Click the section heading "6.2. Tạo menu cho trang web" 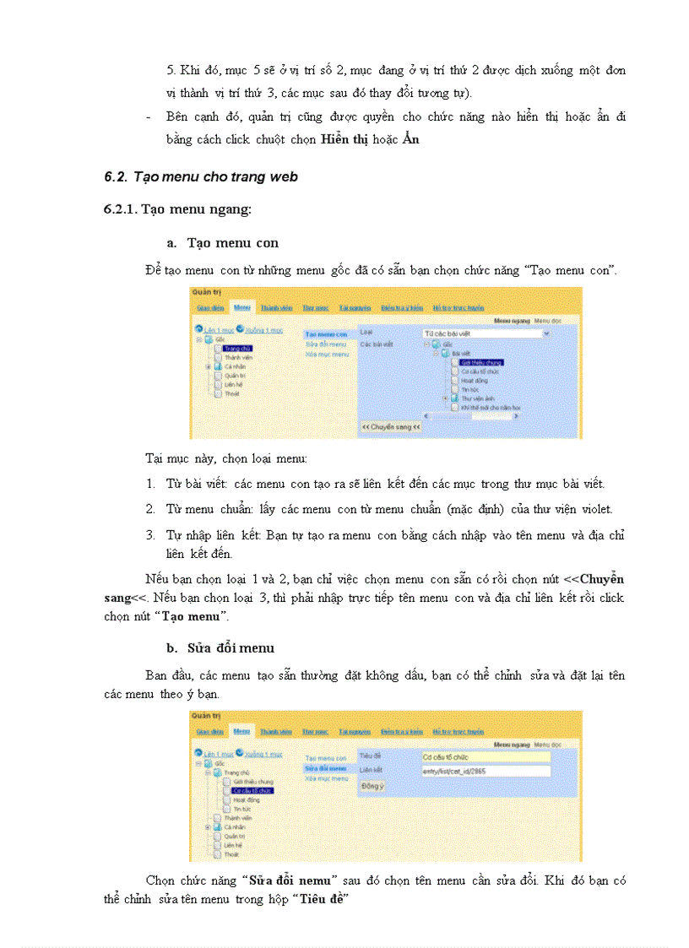(x=201, y=176)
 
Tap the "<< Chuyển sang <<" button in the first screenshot (x=391, y=427)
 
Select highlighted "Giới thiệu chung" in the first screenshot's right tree (x=475, y=362)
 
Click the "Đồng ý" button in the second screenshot (x=372, y=786)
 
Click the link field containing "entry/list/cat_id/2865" (x=486, y=770)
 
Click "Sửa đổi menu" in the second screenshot (x=326, y=768)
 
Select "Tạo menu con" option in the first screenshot (x=326, y=334)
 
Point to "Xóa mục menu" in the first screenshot (x=326, y=355)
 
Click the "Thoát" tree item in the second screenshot (x=231, y=854)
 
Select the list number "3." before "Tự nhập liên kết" (x=150, y=535)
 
